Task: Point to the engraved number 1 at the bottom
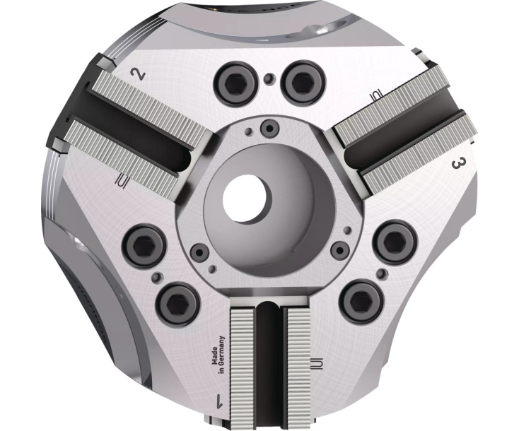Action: (x=219, y=403)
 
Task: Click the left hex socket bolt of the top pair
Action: (x=237, y=79)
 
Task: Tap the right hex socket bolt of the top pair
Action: (x=301, y=81)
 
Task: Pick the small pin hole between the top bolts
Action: (x=269, y=77)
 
